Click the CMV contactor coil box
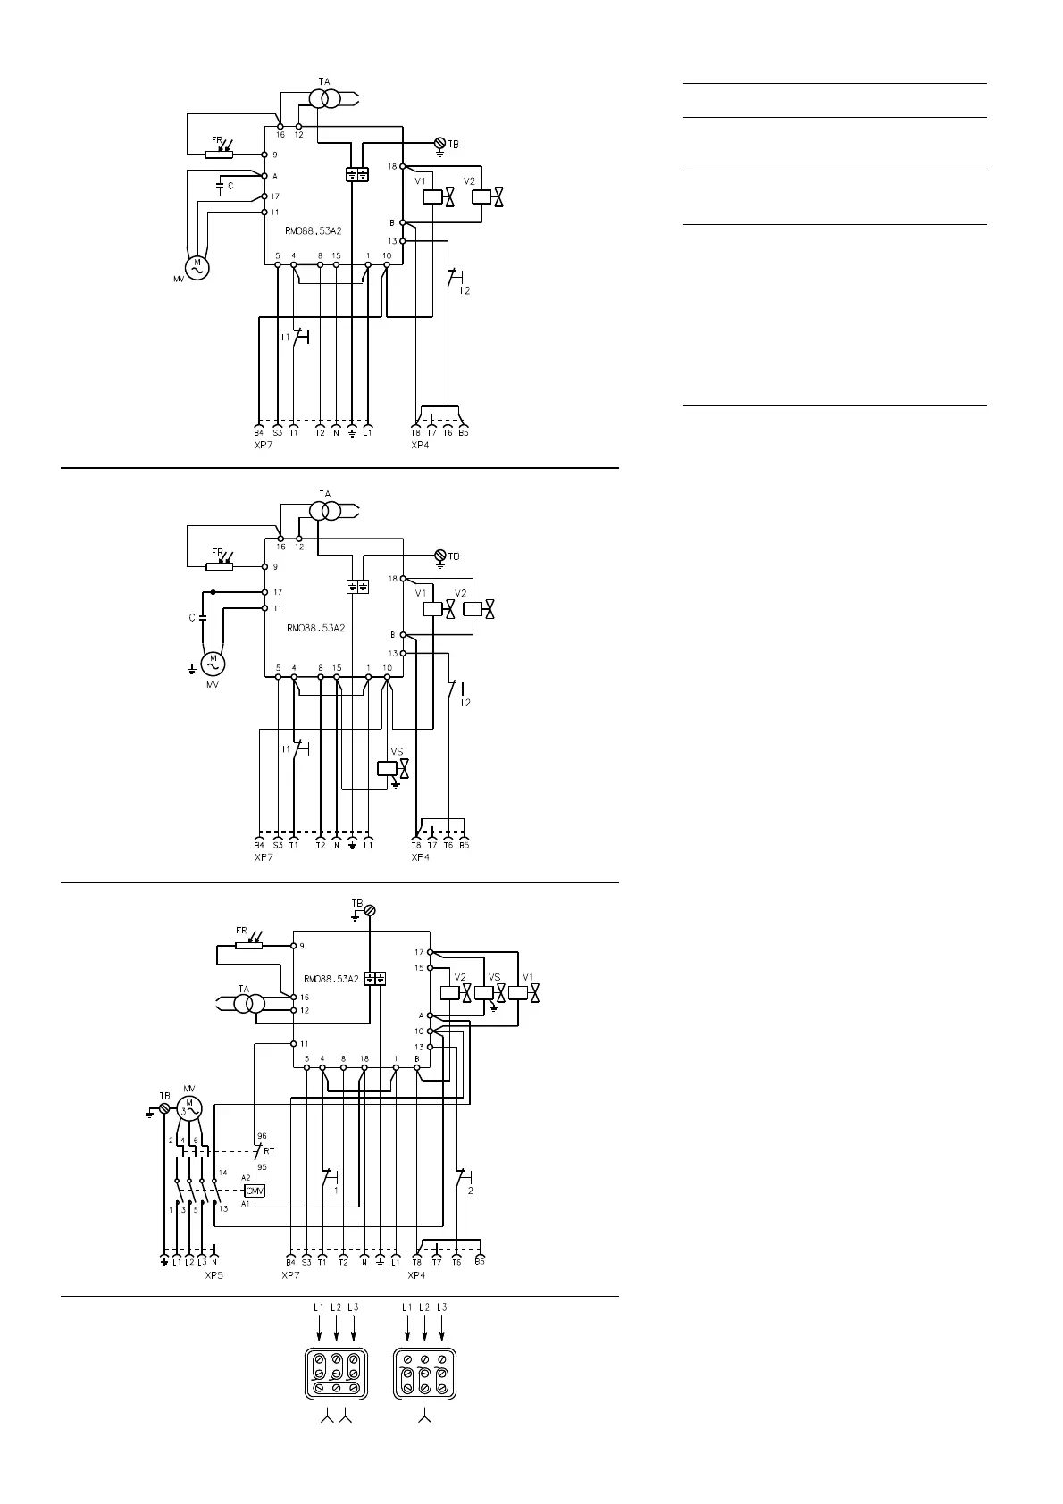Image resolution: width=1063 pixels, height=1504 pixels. pyautogui.click(x=255, y=1191)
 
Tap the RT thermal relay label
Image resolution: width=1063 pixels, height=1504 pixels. pyautogui.click(x=269, y=1151)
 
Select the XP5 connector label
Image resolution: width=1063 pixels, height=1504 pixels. pyautogui.click(x=214, y=1275)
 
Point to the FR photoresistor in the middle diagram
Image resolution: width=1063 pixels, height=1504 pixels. pyautogui.click(x=220, y=565)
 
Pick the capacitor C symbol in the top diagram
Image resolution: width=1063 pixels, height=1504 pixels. pyautogui.click(x=222, y=186)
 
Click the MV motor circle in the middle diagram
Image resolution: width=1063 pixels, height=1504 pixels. pyautogui.click(x=213, y=664)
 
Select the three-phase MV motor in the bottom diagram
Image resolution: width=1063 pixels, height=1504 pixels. pyautogui.click(x=189, y=1108)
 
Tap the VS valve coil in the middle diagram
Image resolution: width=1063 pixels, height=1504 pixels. pyautogui.click(x=387, y=768)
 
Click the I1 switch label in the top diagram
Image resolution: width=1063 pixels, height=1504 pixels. pyautogui.click(x=286, y=337)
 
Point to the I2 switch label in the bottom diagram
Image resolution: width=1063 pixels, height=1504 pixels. pyautogui.click(x=467, y=1191)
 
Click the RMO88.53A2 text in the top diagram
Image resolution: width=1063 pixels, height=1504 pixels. pyautogui.click(x=314, y=230)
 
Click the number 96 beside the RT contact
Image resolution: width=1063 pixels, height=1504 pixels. pyautogui.click(x=262, y=1136)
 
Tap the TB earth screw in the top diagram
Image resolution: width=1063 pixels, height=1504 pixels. pyautogui.click(x=439, y=143)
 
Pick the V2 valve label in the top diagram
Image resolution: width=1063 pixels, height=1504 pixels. pyautogui.click(x=470, y=180)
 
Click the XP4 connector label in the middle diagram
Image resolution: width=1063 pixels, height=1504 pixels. pyautogui.click(x=420, y=857)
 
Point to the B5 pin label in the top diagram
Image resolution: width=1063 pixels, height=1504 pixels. pyautogui.click(x=464, y=433)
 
